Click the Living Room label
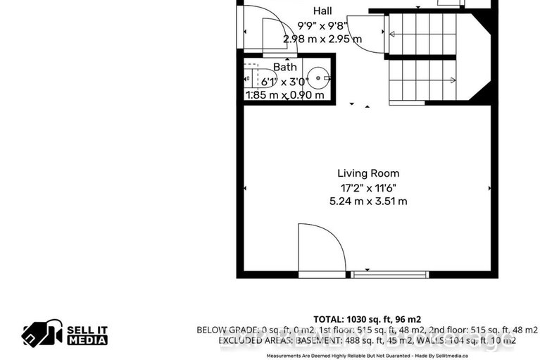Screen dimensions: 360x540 coord(368,173)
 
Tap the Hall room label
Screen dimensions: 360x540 coord(323,11)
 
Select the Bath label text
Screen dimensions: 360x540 coord(285,67)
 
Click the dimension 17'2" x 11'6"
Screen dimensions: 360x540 coord(368,187)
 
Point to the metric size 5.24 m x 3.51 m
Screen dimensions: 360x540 coord(368,201)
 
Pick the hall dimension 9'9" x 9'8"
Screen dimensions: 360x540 coord(324,26)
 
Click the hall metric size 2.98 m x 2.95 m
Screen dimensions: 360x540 coord(323,39)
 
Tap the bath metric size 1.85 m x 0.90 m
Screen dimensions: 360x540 coord(285,95)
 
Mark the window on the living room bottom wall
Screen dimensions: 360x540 coord(389,274)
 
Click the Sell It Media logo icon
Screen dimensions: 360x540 coord(42,333)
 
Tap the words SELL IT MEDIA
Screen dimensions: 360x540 coord(87,334)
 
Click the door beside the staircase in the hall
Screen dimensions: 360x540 coord(374,34)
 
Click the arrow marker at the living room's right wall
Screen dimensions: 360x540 coord(489,188)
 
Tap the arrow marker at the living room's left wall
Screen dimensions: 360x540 coord(245,188)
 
